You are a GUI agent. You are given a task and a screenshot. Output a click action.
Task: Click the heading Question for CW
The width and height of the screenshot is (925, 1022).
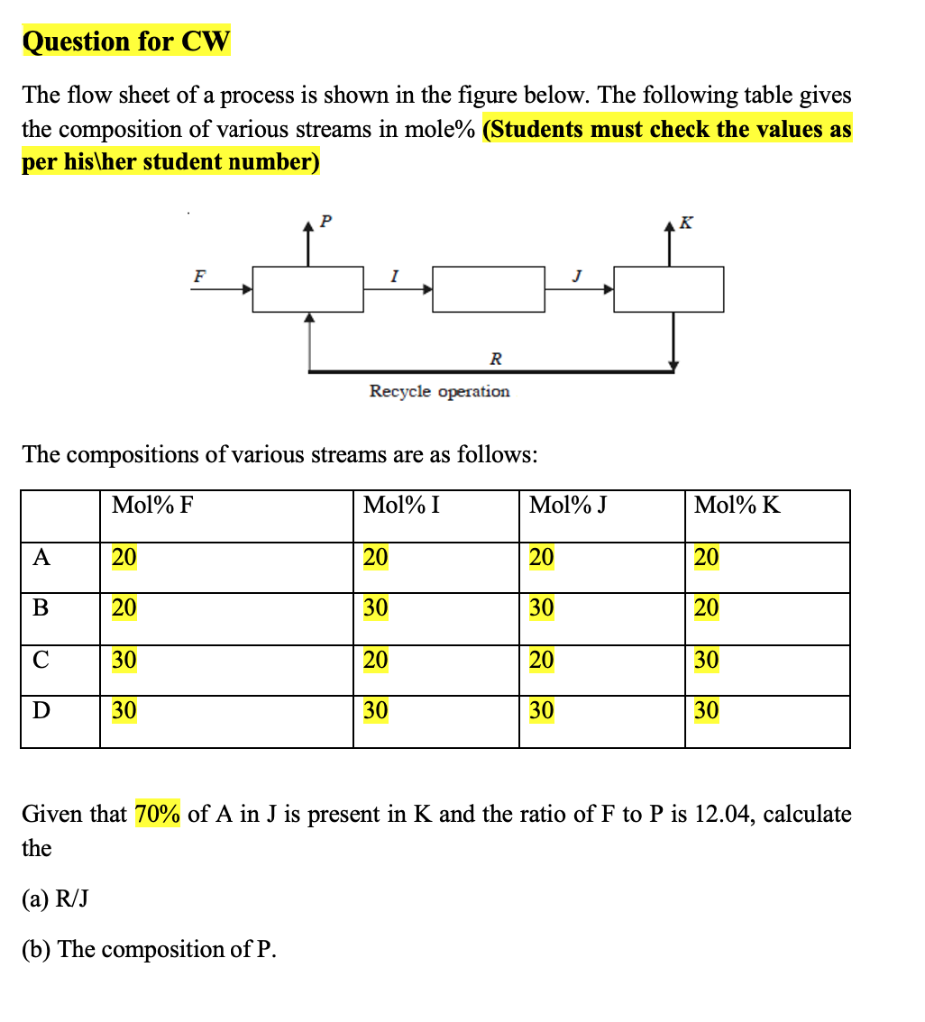tap(126, 41)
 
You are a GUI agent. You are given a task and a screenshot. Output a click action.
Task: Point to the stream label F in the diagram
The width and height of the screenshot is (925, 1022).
tap(199, 277)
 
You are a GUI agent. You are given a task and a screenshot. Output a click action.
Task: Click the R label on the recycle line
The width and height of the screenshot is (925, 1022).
tap(496, 357)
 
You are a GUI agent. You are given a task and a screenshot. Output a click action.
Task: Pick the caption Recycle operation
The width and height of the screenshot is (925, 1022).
tap(439, 391)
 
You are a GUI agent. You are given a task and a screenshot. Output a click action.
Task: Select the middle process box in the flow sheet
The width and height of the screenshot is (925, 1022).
tap(489, 289)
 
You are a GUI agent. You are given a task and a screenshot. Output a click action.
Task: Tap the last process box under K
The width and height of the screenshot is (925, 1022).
tap(669, 289)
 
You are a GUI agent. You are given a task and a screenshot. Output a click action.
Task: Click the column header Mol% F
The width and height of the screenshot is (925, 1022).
tap(152, 505)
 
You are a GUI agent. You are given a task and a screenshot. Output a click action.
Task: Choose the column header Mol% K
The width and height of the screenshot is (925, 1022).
tap(737, 505)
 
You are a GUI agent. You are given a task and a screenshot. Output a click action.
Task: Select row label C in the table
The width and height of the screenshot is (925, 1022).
tap(41, 660)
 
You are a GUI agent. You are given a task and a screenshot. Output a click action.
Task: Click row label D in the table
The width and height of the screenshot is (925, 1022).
tap(41, 711)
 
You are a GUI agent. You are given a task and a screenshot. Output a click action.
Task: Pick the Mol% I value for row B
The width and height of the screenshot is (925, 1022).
tap(375, 608)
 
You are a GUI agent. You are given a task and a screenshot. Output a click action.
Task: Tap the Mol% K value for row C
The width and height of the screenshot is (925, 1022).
tap(706, 660)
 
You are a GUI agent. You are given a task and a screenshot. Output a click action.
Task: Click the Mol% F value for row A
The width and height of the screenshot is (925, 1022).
tap(124, 557)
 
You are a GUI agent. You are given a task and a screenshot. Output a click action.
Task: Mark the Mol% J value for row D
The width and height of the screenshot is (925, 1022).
tap(541, 711)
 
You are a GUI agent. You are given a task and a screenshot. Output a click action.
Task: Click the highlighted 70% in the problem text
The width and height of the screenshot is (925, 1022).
tap(157, 815)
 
